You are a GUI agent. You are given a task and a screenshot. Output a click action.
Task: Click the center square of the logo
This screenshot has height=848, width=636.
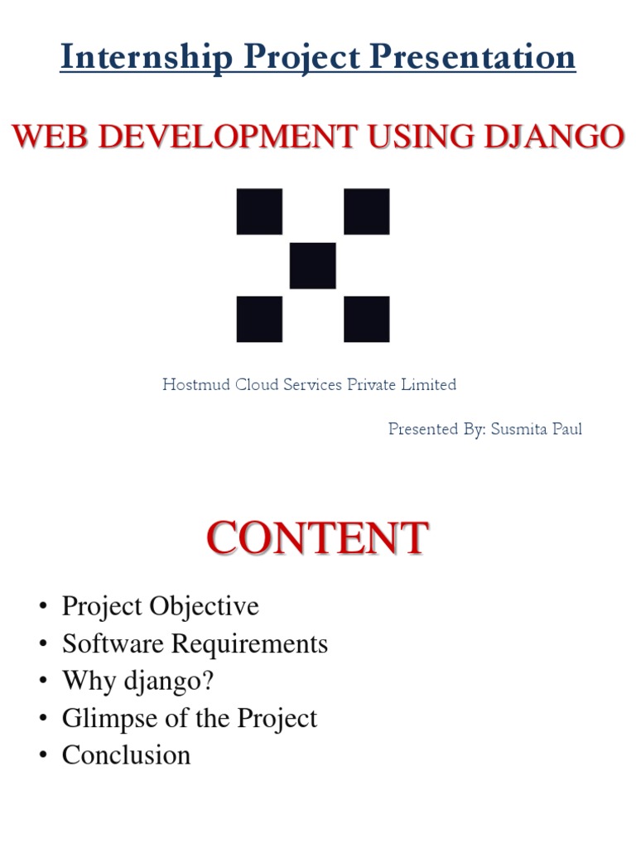[x=313, y=266]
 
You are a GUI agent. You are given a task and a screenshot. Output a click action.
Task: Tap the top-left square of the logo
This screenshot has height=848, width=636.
[x=259, y=212]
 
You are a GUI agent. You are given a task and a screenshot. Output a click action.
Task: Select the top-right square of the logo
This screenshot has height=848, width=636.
[x=366, y=212]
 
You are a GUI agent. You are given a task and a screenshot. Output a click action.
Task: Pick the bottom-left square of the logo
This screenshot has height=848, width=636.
[x=259, y=320]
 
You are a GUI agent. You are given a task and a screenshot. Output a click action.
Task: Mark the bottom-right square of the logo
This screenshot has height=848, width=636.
[x=366, y=320]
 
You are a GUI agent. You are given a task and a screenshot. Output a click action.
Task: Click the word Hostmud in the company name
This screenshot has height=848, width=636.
[x=190, y=384]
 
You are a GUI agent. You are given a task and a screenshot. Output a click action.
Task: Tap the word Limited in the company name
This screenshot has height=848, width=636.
[x=431, y=384]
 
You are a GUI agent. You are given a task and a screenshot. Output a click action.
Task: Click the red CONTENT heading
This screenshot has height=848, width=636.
[x=317, y=539]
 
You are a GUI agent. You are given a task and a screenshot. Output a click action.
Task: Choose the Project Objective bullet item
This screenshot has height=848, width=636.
[x=161, y=606]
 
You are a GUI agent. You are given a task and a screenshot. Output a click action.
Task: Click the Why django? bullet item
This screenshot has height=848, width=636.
[x=137, y=681]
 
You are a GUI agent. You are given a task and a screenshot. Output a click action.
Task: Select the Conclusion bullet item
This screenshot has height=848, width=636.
[x=126, y=755]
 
